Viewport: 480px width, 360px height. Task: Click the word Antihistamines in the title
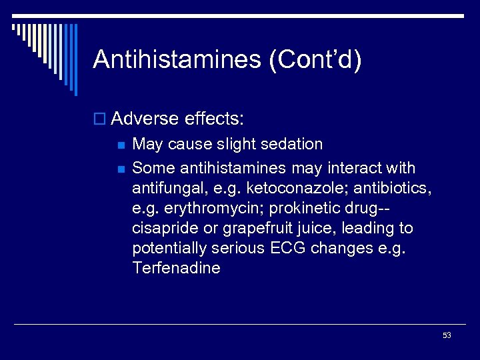pos(176,59)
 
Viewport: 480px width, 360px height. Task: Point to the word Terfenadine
pos(176,268)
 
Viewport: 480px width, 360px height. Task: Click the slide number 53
pos(447,335)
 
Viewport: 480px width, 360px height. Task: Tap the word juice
pos(317,228)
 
